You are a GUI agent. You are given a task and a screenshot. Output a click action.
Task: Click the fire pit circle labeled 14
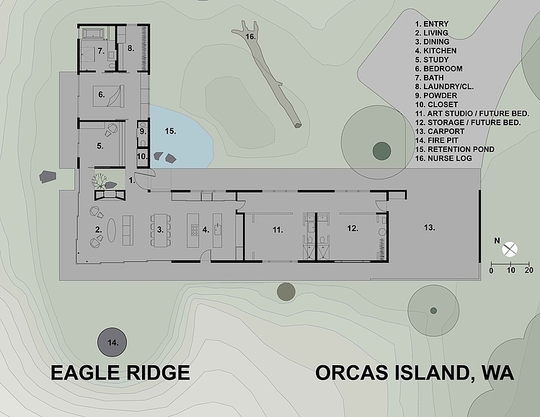click(x=112, y=342)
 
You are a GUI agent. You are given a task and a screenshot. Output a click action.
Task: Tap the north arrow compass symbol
click(x=510, y=249)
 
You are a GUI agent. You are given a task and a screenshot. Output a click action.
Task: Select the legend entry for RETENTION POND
click(x=455, y=149)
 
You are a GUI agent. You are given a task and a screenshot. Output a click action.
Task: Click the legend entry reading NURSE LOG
click(x=443, y=158)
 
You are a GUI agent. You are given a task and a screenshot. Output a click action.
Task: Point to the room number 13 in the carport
click(x=429, y=228)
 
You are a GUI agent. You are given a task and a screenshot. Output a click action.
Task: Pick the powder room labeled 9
click(x=143, y=132)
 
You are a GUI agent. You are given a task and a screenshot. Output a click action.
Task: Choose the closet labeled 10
click(x=142, y=156)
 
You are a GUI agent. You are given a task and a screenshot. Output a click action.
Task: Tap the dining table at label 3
click(x=160, y=230)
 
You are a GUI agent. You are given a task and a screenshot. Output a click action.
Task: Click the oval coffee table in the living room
click(x=112, y=230)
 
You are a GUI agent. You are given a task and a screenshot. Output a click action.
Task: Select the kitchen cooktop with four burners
click(x=194, y=230)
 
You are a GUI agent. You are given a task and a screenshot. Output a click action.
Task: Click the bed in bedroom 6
click(x=108, y=96)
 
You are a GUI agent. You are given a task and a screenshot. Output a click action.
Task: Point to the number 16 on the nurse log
click(x=250, y=36)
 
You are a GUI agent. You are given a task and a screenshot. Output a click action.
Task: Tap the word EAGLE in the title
click(x=85, y=372)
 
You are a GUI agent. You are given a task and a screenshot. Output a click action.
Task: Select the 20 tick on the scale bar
click(x=529, y=270)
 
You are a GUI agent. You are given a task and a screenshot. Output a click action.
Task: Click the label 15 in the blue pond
click(x=170, y=131)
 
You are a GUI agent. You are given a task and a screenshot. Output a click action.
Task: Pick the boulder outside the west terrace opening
click(x=47, y=176)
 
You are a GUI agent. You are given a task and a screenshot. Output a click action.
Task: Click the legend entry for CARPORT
click(x=440, y=131)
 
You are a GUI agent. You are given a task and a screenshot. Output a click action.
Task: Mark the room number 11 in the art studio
click(x=278, y=230)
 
